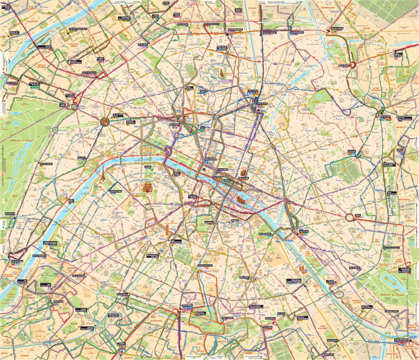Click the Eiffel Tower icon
(x=103, y=175)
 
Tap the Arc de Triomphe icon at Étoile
(x=105, y=121)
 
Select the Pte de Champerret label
(x=89, y=73)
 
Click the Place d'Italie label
(x=244, y=277)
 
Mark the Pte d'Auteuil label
(x=13, y=214)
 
